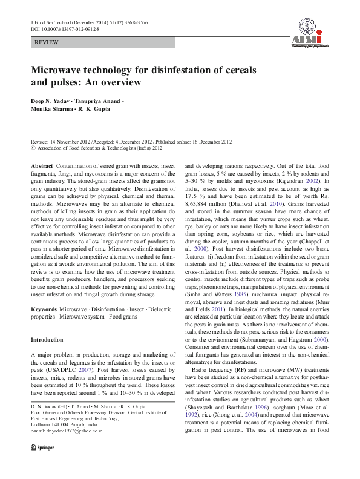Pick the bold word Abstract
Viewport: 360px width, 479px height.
click(x=42, y=165)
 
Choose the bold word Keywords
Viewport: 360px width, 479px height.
click(x=44, y=292)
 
